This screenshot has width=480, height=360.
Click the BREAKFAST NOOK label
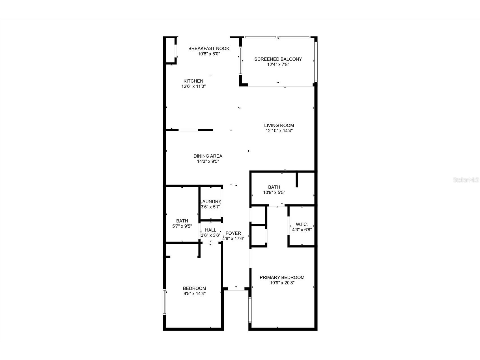[x=209, y=48]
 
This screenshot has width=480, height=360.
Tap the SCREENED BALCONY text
[x=278, y=59]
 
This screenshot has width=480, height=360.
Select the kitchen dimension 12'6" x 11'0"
[x=193, y=86]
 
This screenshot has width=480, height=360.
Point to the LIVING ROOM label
[x=279, y=125]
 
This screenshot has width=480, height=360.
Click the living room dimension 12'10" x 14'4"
[x=279, y=131]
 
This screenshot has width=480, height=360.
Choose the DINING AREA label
[x=208, y=156]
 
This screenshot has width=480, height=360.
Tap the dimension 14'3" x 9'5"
[x=208, y=161]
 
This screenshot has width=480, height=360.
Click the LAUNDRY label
[x=211, y=202]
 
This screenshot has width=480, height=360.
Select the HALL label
[x=210, y=230]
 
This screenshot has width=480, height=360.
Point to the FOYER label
[x=233, y=233]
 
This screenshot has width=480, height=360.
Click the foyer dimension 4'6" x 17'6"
[x=233, y=239]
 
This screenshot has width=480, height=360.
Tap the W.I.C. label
[x=302, y=224]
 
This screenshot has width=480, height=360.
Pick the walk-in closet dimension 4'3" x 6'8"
[x=302, y=230]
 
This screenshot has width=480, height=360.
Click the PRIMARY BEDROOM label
[x=282, y=277]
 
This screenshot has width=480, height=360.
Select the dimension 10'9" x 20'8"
[x=282, y=283]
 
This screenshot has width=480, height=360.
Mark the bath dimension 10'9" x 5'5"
[x=274, y=192]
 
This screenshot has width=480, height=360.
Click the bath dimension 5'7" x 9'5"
[x=182, y=226]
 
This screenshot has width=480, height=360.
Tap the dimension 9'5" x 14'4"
[x=194, y=294]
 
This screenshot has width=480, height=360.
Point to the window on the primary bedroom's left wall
[x=250, y=310]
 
